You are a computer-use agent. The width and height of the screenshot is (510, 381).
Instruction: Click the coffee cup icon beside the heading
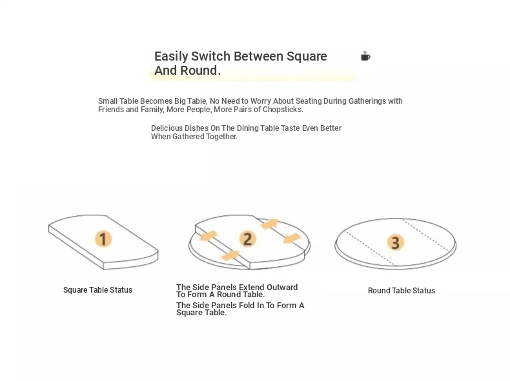coord(365,56)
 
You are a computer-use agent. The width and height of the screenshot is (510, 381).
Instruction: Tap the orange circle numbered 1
coord(103,239)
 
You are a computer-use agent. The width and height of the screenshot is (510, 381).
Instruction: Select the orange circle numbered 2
coord(247,239)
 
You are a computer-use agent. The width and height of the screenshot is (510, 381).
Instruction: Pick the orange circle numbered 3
coord(395,242)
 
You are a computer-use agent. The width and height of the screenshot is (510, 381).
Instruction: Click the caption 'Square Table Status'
coord(97,289)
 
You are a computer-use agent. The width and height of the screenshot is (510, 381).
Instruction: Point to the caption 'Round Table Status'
coord(402,290)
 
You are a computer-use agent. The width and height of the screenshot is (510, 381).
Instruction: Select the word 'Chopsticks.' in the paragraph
coord(283,110)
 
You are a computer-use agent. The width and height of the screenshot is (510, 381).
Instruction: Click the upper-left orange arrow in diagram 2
coord(208,236)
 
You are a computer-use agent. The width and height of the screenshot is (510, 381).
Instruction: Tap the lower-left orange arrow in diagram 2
coord(230,255)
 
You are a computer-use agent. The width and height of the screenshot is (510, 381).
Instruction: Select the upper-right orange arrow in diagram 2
coord(270,224)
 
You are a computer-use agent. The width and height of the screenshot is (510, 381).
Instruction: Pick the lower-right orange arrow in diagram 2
coord(292,238)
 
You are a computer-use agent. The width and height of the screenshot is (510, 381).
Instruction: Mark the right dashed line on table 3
coord(426,235)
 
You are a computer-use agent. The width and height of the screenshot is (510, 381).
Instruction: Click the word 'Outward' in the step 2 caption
coord(282,287)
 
